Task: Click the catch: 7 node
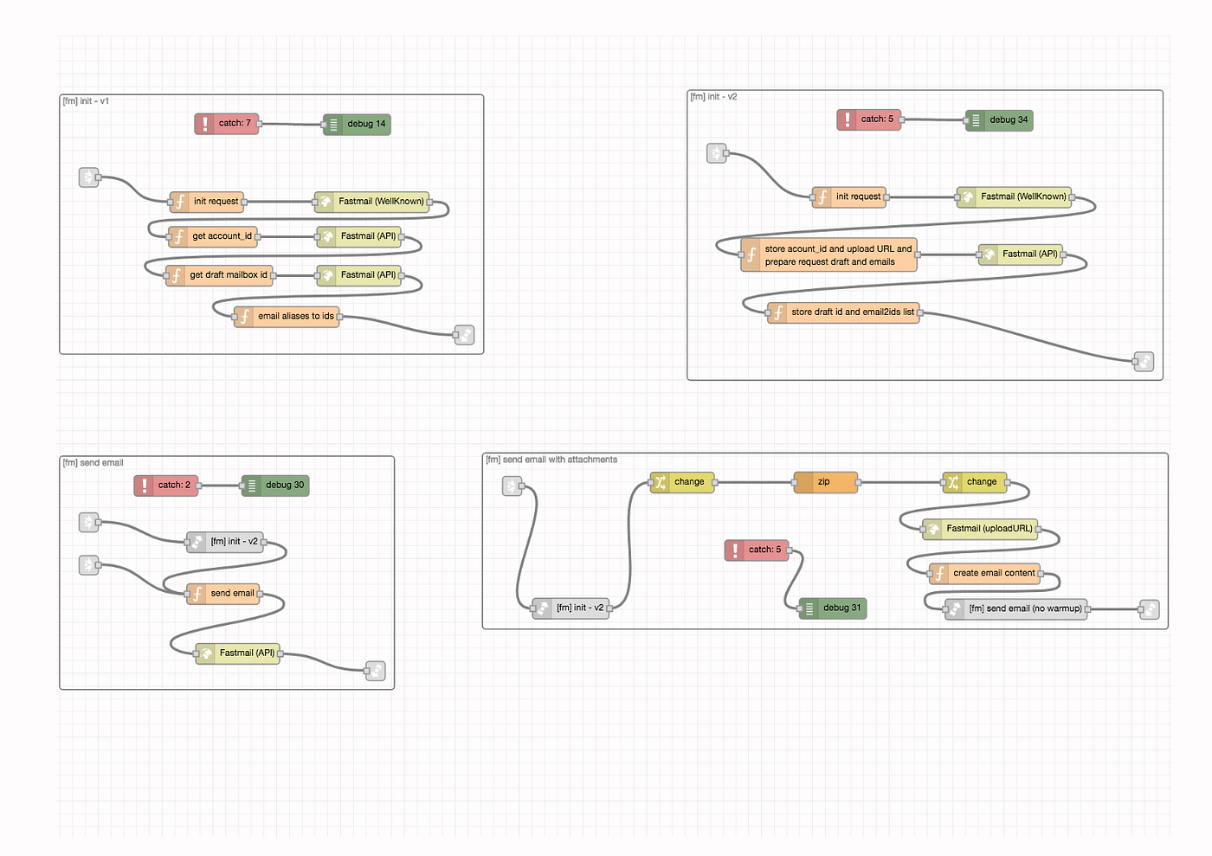point(227,124)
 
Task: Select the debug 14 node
point(357,124)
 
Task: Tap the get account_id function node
point(213,236)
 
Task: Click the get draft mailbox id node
point(219,275)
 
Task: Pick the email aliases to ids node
point(287,317)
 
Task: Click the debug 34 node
point(999,120)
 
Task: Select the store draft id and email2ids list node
point(843,312)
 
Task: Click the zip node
point(826,482)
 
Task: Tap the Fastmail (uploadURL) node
point(980,529)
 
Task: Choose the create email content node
point(985,574)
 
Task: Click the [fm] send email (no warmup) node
point(1016,609)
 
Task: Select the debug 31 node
point(833,608)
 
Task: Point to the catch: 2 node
point(166,486)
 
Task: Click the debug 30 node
point(275,486)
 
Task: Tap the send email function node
point(223,594)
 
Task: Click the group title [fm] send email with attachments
point(551,460)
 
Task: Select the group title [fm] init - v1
point(86,101)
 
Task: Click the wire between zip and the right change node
point(901,482)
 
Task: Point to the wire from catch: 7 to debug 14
point(291,124)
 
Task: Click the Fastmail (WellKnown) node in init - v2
point(1015,197)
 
